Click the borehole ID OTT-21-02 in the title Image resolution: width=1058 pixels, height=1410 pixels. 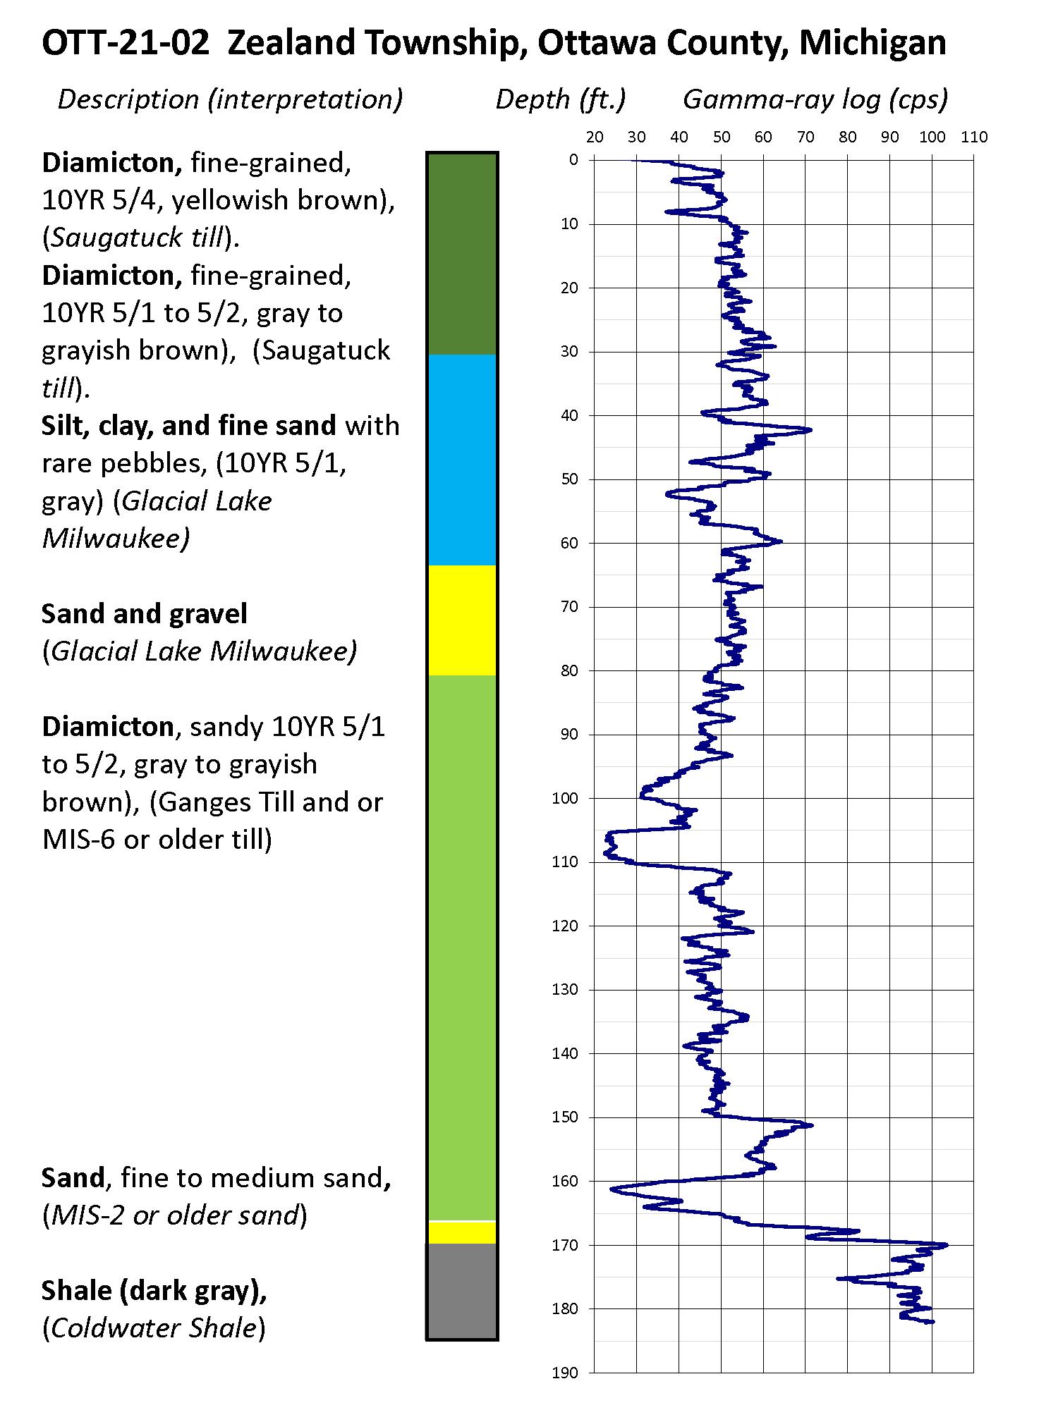126,44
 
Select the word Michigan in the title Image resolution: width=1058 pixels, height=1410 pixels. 872,44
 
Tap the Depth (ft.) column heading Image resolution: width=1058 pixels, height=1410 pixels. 561,99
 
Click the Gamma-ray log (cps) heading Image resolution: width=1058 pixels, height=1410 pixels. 815,99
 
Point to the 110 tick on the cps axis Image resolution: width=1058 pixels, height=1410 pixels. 974,137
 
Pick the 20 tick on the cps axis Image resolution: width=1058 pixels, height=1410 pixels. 595,137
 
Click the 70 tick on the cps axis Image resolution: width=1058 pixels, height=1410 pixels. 805,137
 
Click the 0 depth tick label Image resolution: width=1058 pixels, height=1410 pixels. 573,160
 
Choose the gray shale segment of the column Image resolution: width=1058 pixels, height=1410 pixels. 462,1290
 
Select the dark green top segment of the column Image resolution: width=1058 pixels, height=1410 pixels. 462,254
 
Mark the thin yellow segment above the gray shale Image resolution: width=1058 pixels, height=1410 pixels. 462,1232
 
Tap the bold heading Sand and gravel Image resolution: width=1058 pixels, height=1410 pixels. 145,614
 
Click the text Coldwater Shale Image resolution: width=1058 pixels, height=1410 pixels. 154,1328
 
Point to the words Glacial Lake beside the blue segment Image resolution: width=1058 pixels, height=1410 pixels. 197,501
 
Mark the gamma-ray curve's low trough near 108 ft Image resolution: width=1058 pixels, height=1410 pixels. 607,854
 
